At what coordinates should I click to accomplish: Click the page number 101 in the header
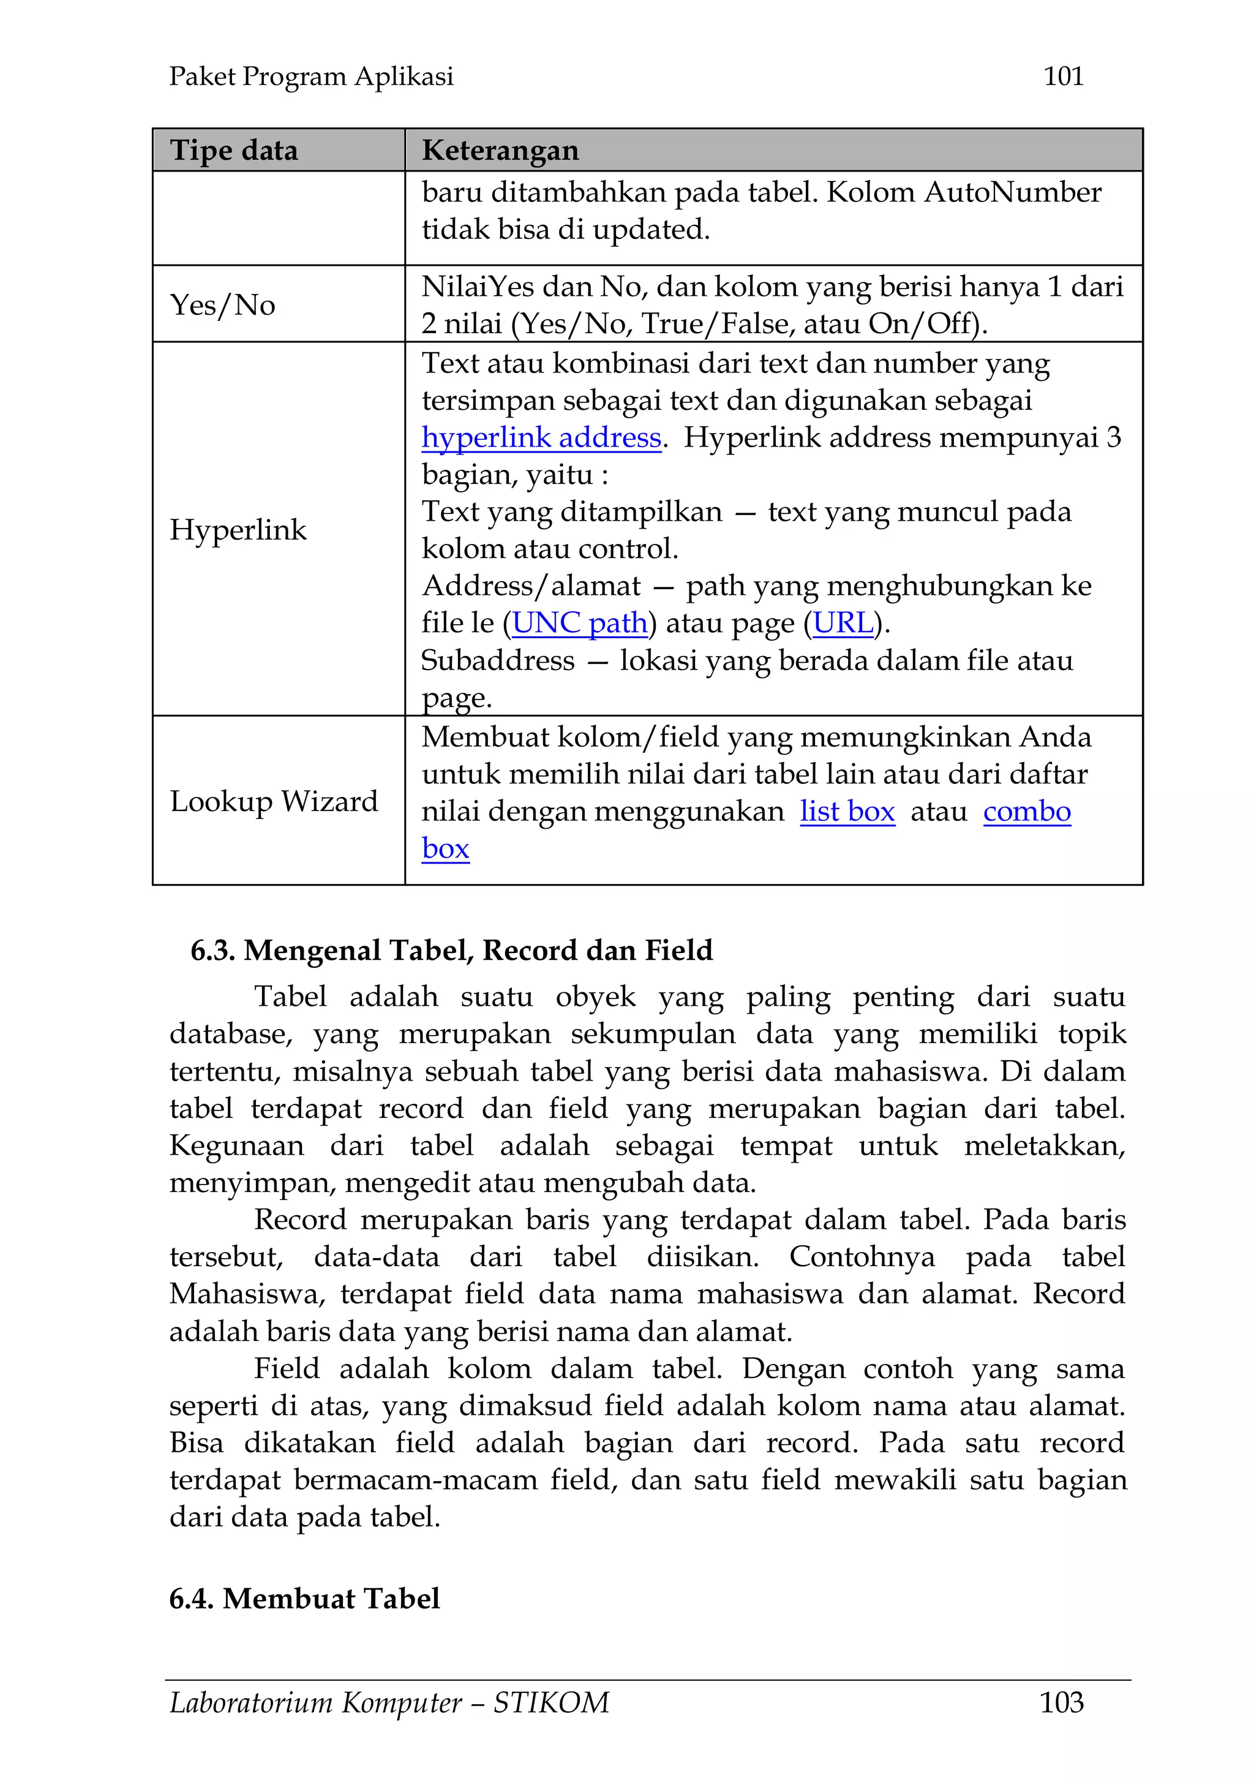click(1062, 76)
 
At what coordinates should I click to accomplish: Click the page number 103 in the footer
click(1061, 1702)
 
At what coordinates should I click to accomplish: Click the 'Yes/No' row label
click(222, 304)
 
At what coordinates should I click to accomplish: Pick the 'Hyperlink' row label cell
click(238, 529)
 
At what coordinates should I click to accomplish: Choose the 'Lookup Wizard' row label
click(274, 801)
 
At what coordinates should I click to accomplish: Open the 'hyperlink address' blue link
click(541, 438)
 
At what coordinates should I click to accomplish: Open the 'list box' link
click(847, 812)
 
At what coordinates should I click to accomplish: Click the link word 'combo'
click(1026, 812)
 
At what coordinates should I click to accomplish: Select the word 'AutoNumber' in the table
click(1012, 192)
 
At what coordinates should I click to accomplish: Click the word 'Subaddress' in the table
click(498, 660)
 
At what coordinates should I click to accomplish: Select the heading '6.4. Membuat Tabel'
click(304, 1598)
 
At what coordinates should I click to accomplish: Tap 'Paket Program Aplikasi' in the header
click(311, 76)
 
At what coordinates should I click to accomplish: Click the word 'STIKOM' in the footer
click(551, 1702)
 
